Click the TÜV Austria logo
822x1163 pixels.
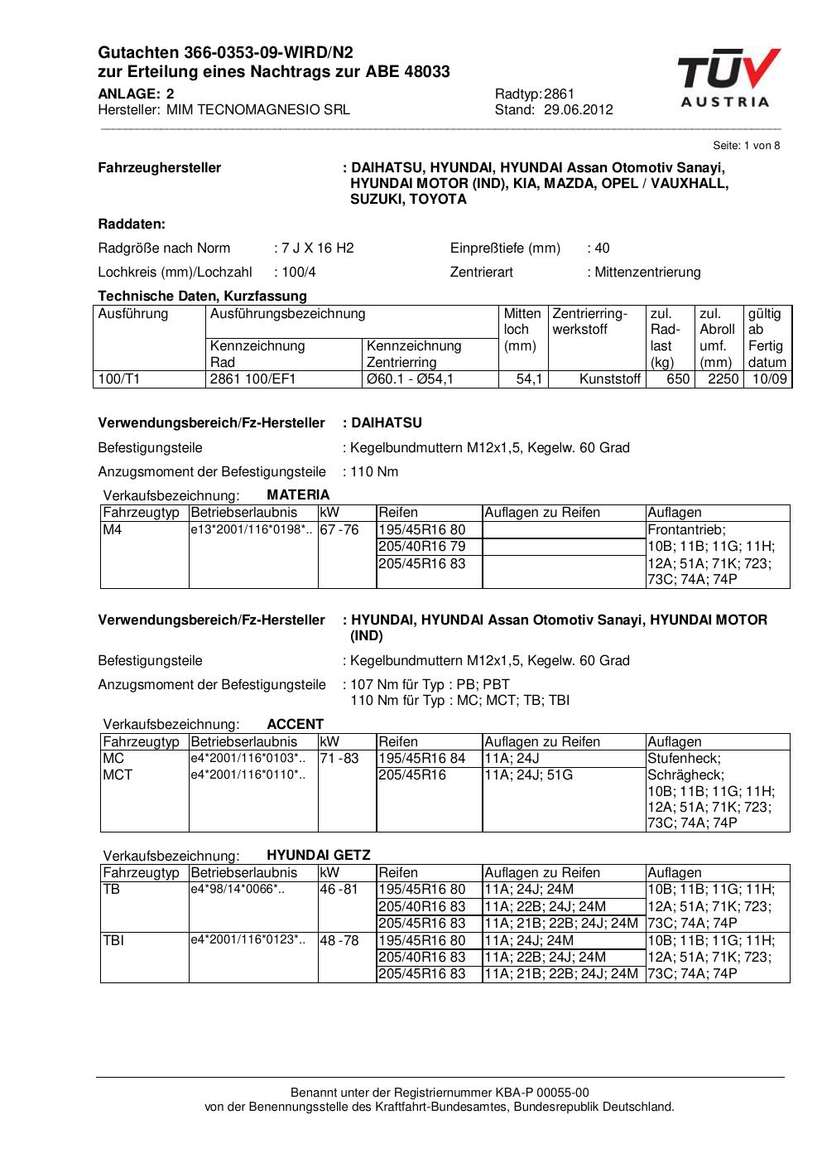[x=727, y=79]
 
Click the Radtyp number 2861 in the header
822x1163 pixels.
[x=560, y=94]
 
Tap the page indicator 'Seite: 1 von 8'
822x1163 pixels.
[x=746, y=146]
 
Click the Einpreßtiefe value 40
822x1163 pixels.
[x=602, y=249]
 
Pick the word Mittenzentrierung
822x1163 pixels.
[x=647, y=273]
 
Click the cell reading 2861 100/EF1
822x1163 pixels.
[x=253, y=379]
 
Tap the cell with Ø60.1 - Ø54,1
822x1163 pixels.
[x=410, y=379]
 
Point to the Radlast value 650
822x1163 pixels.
[x=678, y=379]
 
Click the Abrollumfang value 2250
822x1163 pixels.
[x=723, y=379]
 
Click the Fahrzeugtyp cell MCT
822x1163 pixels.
[x=118, y=775]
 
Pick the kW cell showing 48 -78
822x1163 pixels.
[x=339, y=941]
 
